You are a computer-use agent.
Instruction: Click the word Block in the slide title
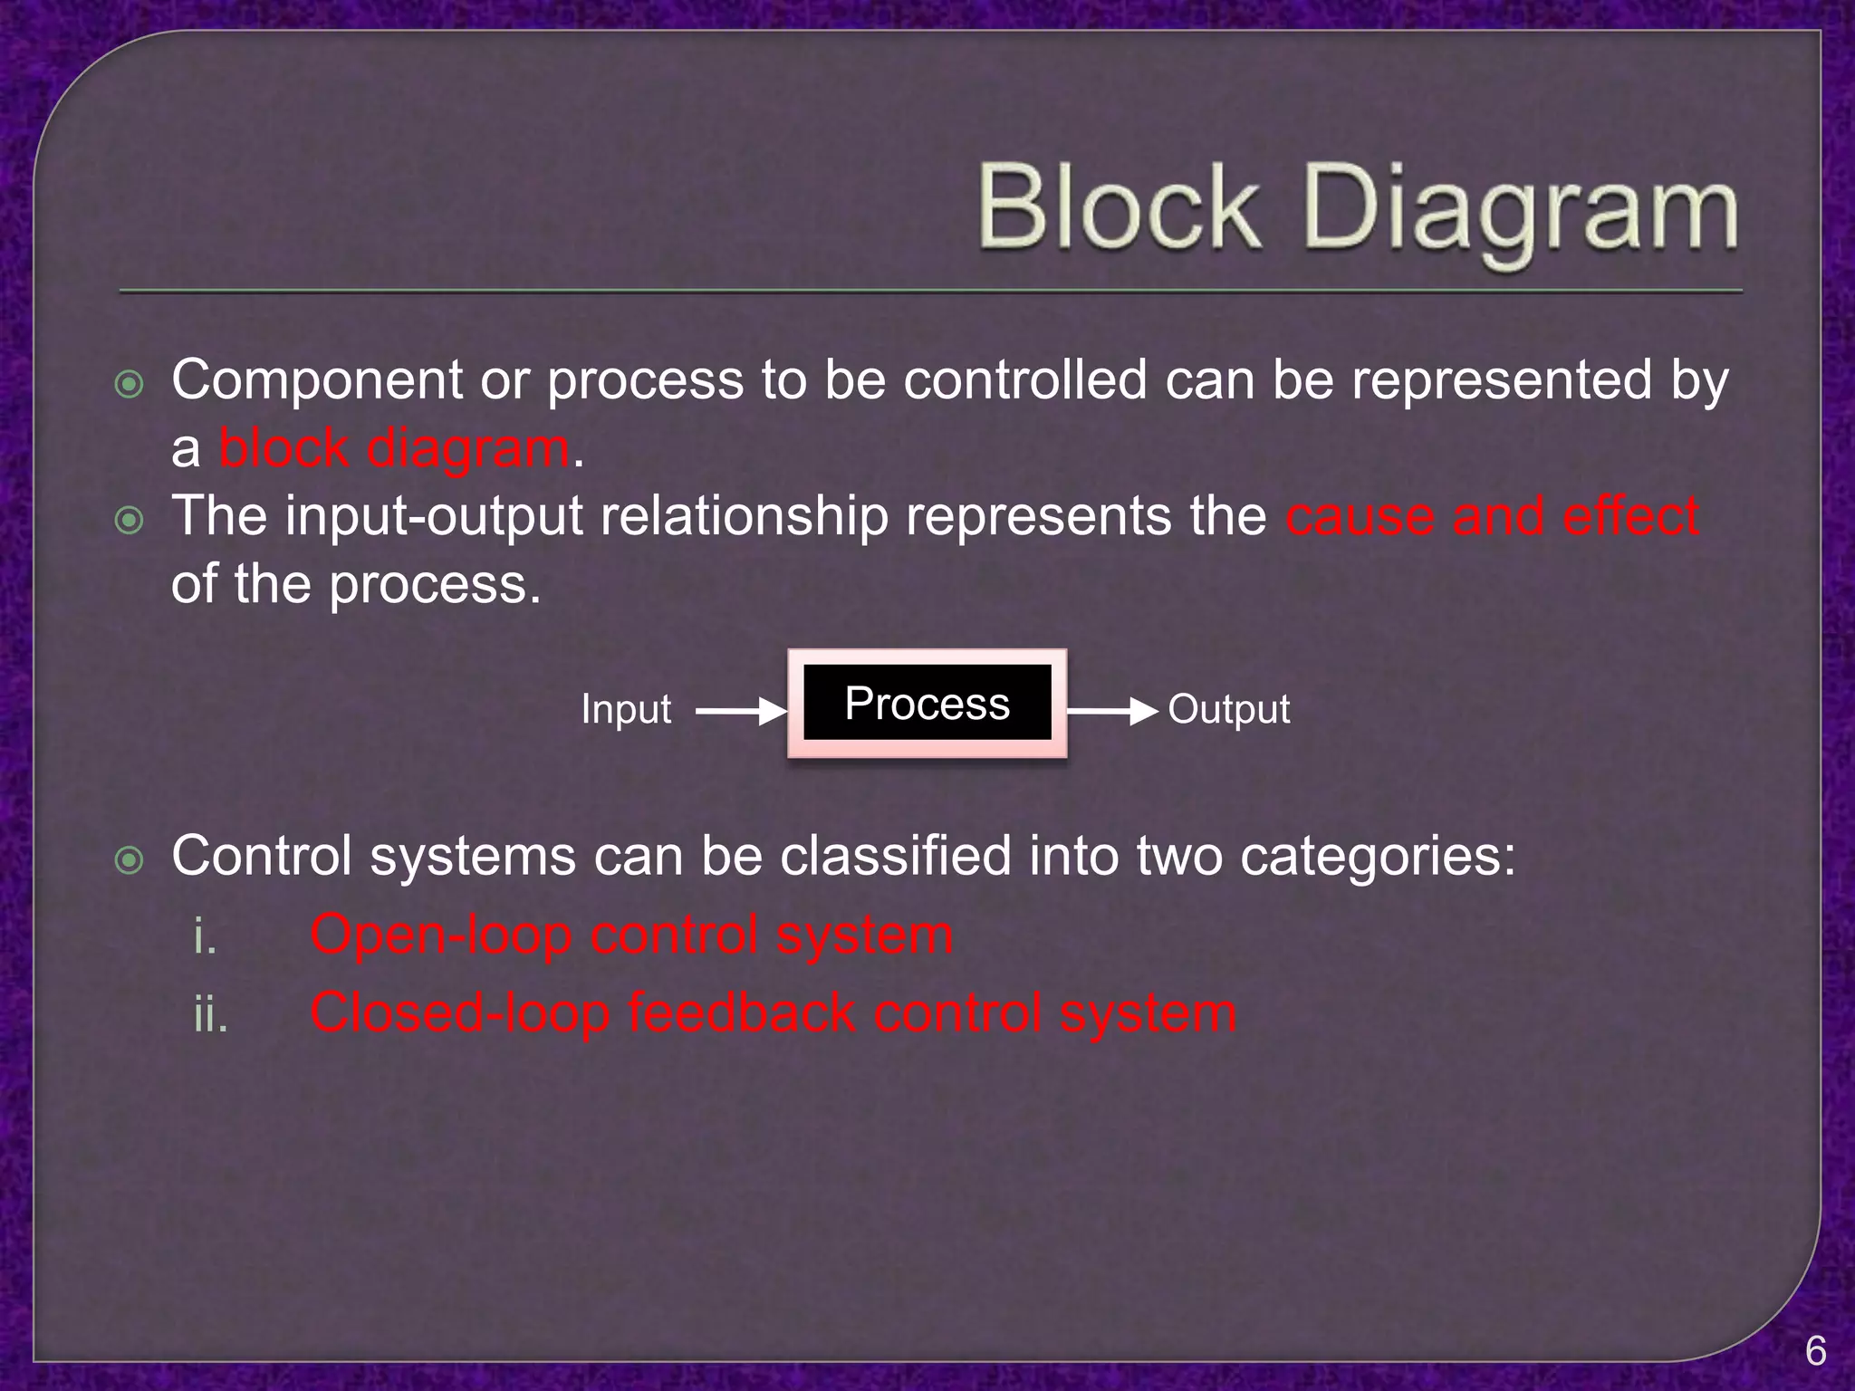tap(1119, 209)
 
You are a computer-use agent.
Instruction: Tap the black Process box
tap(927, 704)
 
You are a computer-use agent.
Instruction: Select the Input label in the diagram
tap(626, 709)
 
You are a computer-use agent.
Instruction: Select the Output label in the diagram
tap(1228, 709)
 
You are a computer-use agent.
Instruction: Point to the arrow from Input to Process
tap(741, 712)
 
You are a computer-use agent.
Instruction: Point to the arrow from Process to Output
tap(1112, 712)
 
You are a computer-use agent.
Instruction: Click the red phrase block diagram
tap(395, 448)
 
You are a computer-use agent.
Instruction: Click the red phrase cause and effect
tap(1492, 516)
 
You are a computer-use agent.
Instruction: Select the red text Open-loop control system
tap(631, 935)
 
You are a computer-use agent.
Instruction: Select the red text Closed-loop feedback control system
tap(773, 1012)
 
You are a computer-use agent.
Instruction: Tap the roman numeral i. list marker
tap(206, 936)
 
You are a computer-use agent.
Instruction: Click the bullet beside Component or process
tap(130, 385)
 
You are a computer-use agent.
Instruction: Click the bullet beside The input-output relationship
tap(130, 521)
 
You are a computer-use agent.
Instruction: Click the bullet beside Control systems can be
tap(130, 860)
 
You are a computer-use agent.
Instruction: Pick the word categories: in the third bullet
tap(1378, 857)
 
